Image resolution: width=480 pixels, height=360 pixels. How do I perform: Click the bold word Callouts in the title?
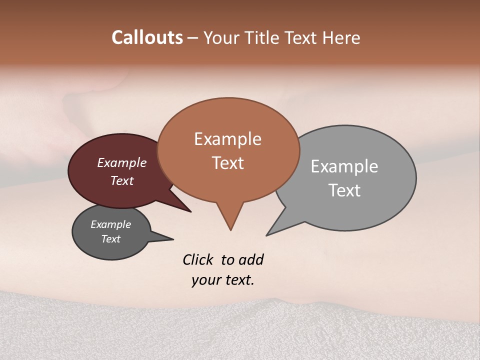[147, 37]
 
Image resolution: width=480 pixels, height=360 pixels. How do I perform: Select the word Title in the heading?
[262, 38]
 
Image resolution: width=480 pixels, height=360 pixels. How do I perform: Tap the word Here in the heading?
[340, 38]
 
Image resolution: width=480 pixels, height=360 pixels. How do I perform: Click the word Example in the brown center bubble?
[227, 139]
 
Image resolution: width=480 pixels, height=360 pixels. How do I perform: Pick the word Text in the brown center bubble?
[228, 163]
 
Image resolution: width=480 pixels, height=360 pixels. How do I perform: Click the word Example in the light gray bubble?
[344, 166]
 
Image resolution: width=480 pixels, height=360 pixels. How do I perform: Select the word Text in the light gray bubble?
[344, 190]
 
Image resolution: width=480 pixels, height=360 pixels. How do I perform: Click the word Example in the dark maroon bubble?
[122, 163]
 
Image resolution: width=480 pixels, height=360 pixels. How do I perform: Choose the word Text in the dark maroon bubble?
[122, 181]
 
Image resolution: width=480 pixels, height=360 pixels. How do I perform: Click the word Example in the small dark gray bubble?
[111, 224]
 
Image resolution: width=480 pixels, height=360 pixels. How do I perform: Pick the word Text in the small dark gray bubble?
[111, 239]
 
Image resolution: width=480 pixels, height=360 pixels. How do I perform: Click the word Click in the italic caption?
[198, 259]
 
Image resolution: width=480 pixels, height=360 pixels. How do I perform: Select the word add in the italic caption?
[251, 259]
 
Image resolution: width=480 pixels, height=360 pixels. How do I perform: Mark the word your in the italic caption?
[205, 280]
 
